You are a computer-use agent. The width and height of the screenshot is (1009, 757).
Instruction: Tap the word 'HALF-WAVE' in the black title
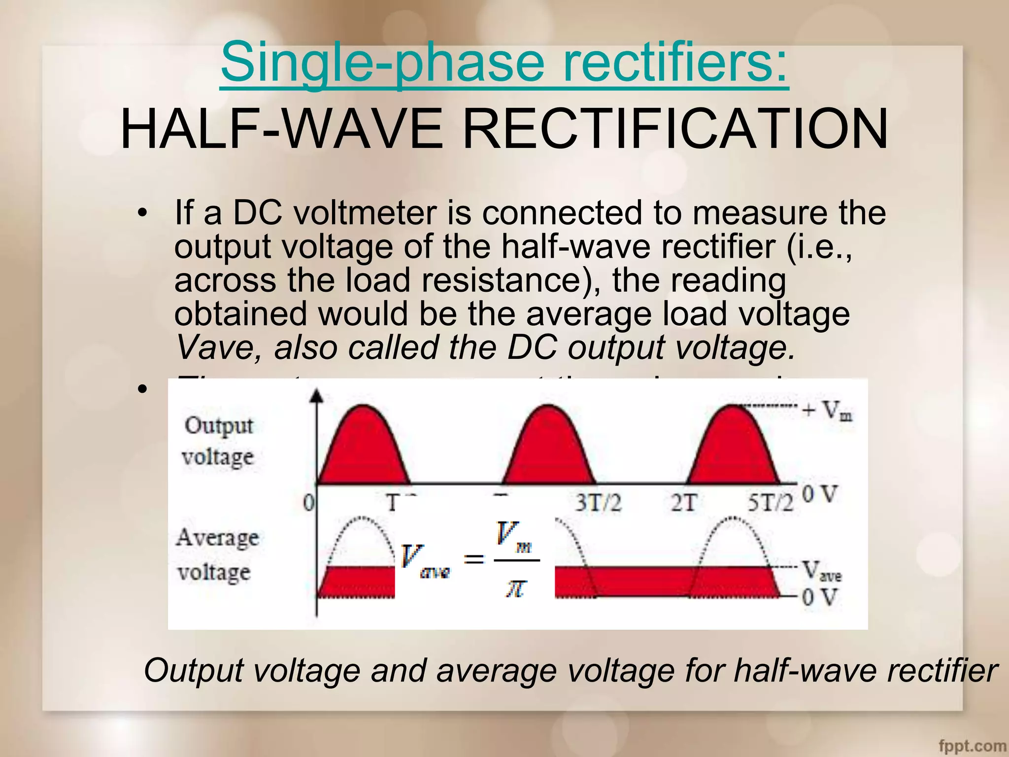point(281,129)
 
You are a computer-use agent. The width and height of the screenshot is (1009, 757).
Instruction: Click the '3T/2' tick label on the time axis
point(598,503)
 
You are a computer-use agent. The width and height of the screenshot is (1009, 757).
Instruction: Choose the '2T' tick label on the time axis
point(683,503)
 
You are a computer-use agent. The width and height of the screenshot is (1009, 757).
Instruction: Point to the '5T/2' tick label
point(771,503)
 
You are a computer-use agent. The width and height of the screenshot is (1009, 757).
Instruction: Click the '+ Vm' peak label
point(828,410)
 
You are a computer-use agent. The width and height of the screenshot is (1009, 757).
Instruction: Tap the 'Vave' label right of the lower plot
point(822,571)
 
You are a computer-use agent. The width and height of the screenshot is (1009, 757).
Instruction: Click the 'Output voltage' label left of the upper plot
point(218,441)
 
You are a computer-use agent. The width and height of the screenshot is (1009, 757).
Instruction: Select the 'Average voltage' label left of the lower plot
point(217,554)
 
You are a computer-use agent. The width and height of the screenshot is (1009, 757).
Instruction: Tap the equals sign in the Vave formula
point(474,559)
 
